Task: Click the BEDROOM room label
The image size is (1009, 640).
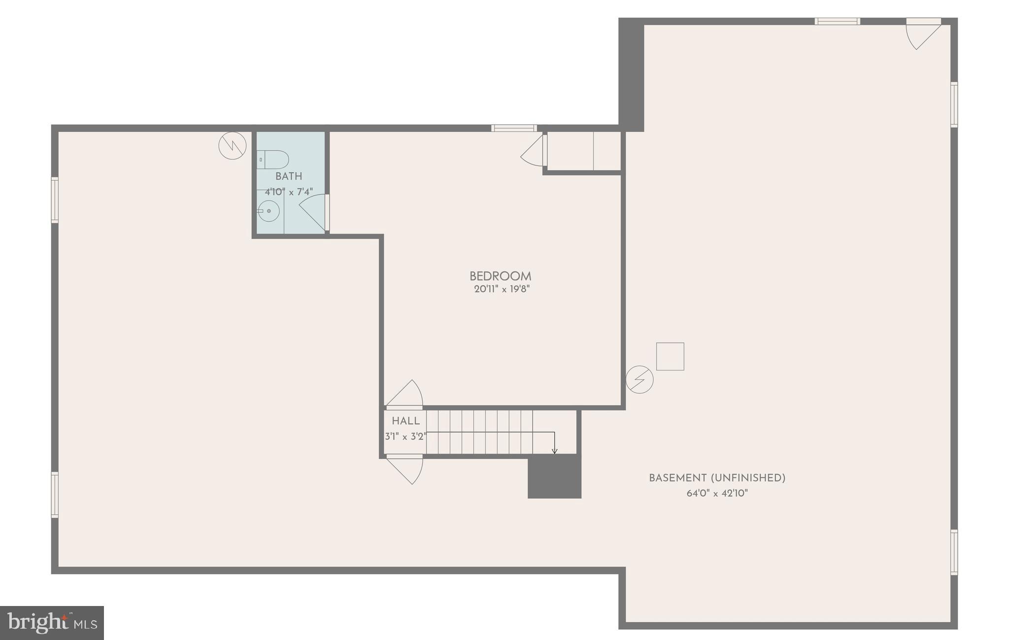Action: coord(500,276)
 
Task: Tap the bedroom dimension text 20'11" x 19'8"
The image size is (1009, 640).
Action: coord(502,289)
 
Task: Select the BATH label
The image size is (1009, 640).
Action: coord(288,176)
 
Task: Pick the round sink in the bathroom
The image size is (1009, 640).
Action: coord(269,211)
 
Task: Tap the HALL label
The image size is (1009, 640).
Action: coord(405,421)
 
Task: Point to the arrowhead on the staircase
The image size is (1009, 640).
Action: coord(554,451)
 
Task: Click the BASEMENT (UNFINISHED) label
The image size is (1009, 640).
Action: coord(717,478)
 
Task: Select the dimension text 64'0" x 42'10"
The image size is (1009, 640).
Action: coord(717,493)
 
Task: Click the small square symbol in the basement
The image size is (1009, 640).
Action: coord(670,356)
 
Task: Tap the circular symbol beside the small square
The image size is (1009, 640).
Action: coord(639,379)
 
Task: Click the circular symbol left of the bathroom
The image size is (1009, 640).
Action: coord(233,145)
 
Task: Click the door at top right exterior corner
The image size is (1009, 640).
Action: coord(923,34)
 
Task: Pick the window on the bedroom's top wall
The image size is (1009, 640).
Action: coord(514,128)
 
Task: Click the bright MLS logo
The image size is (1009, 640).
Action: coord(52,623)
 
